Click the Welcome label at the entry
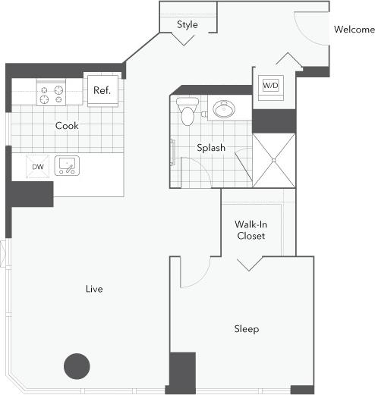355,30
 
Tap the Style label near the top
187,24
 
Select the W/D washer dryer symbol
271,86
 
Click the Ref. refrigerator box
102,90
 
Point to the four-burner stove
52,94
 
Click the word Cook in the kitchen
67,126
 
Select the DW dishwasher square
36,167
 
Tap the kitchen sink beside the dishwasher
68,166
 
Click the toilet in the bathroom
187,111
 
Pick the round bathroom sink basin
223,110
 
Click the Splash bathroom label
210,148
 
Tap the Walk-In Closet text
251,230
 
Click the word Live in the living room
94,289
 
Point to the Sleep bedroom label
246,328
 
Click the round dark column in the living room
77,366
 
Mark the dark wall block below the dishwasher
30,194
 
